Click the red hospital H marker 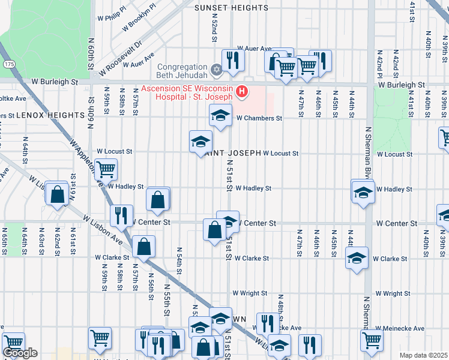tap(241, 92)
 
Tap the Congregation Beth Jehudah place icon tap(217, 70)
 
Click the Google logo tap(20, 353)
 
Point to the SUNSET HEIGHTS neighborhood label tap(231, 8)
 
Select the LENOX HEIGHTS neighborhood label tap(50, 115)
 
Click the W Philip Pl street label tap(115, 14)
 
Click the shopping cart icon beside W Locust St tap(106, 169)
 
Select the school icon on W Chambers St tap(220, 115)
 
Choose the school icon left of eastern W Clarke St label tap(357, 258)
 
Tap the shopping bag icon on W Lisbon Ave tap(144, 245)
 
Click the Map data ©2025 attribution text tap(423, 355)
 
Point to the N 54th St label tap(179, 262)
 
